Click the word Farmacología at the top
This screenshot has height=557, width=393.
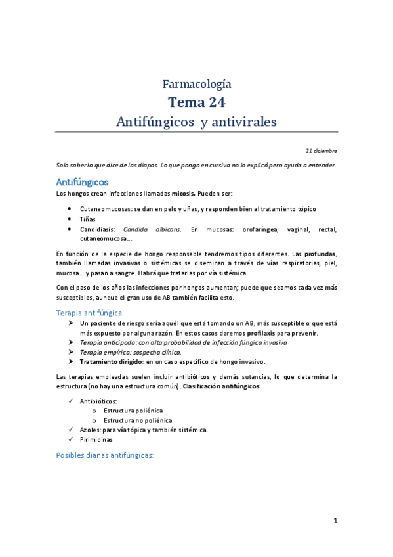tap(196, 83)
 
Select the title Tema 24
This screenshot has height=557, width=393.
tap(196, 102)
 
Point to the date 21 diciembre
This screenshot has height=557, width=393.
tap(320, 150)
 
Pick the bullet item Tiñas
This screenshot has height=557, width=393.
tap(87, 219)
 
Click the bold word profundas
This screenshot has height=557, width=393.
tap(321, 253)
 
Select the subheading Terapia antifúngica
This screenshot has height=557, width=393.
tap(89, 313)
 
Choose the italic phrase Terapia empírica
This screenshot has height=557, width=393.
tap(102, 352)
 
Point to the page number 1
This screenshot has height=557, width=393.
tap(335, 521)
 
